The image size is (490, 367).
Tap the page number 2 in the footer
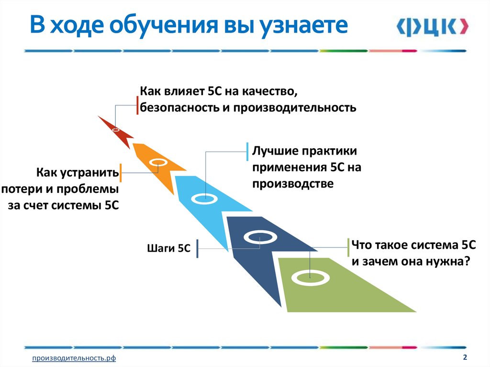465,357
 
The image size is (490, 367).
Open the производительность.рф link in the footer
74,358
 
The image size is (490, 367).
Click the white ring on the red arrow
116,129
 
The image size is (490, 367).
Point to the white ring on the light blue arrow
205,197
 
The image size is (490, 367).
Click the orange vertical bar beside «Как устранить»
121,173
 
